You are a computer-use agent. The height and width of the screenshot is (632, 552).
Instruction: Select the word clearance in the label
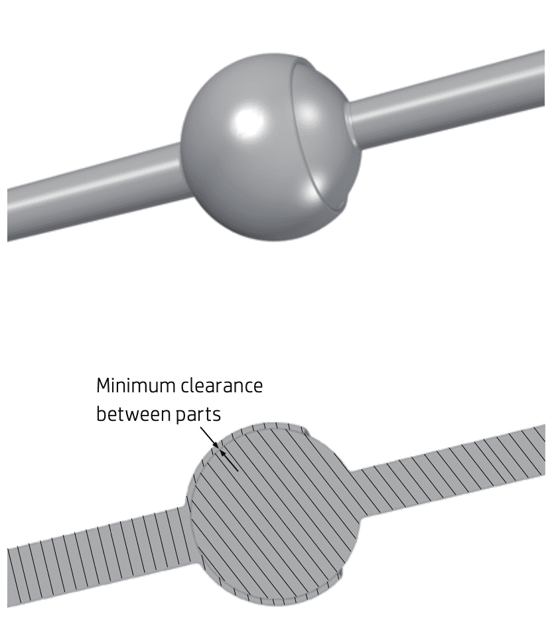[224, 386]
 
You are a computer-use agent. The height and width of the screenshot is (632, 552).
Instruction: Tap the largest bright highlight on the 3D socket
[249, 121]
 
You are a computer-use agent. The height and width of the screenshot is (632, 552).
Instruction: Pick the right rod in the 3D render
[451, 93]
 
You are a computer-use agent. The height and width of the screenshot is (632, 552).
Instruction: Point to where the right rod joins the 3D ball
[352, 119]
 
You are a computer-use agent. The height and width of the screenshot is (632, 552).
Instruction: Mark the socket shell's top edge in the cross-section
[265, 425]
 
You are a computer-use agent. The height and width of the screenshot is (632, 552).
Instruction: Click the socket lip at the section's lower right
[340, 571]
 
